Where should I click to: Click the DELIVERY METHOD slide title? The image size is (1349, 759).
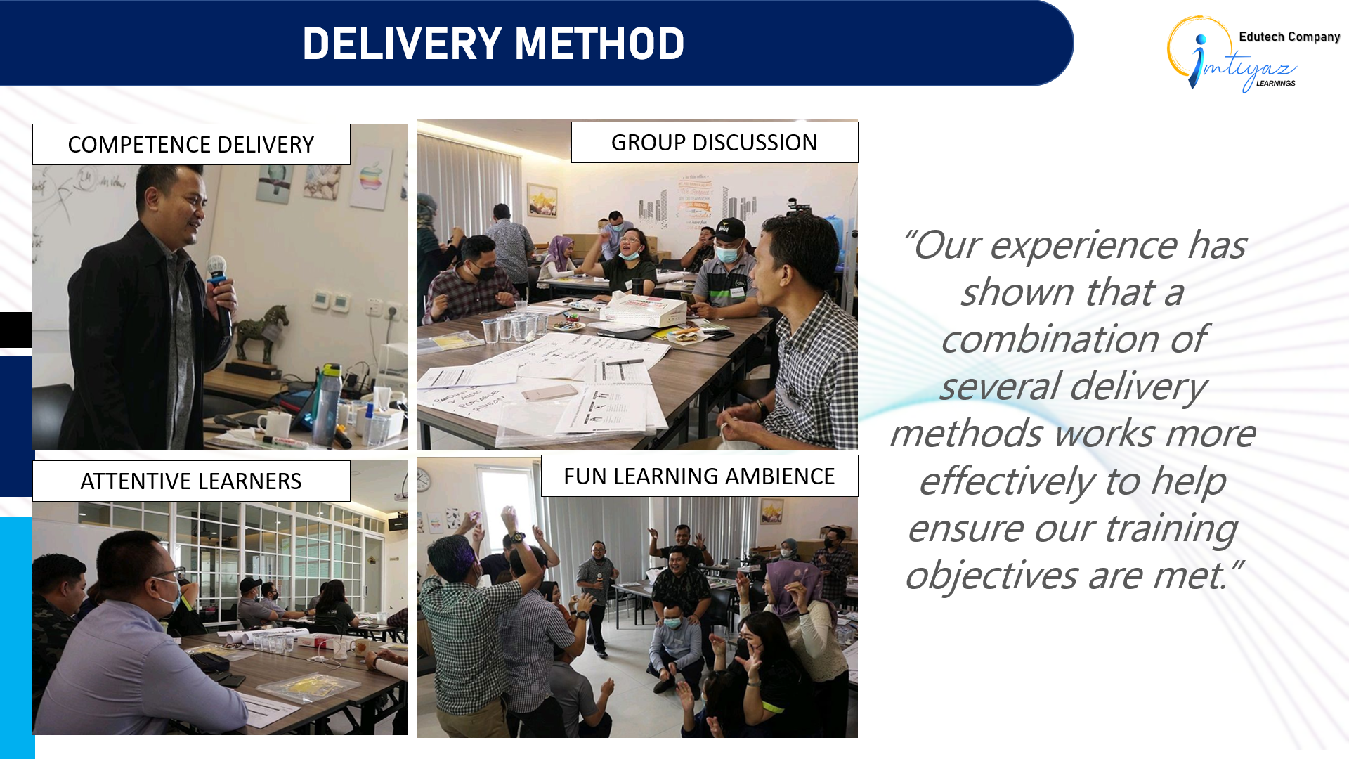(493, 44)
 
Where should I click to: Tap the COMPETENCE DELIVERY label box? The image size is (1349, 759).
(191, 145)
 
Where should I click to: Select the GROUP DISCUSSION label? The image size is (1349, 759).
(714, 143)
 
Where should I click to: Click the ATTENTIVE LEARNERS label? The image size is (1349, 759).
(191, 481)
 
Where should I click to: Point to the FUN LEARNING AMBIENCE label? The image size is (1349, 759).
(699, 476)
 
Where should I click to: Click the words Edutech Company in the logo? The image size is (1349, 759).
(1289, 37)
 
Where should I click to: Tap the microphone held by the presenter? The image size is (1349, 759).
(219, 281)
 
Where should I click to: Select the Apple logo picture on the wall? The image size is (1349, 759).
(372, 176)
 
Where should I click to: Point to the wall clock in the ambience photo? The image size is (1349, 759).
(423, 480)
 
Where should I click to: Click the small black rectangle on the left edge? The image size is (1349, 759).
(15, 330)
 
